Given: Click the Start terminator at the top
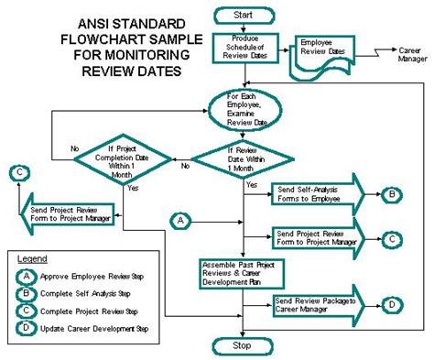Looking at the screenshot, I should pos(242,15).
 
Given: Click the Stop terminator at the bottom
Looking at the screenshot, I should pos(243,346).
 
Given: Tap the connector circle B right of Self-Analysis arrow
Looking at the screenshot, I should pos(392,194).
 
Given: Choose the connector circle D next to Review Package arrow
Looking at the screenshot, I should pos(391,304).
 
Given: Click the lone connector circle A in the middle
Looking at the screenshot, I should pos(181,220).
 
